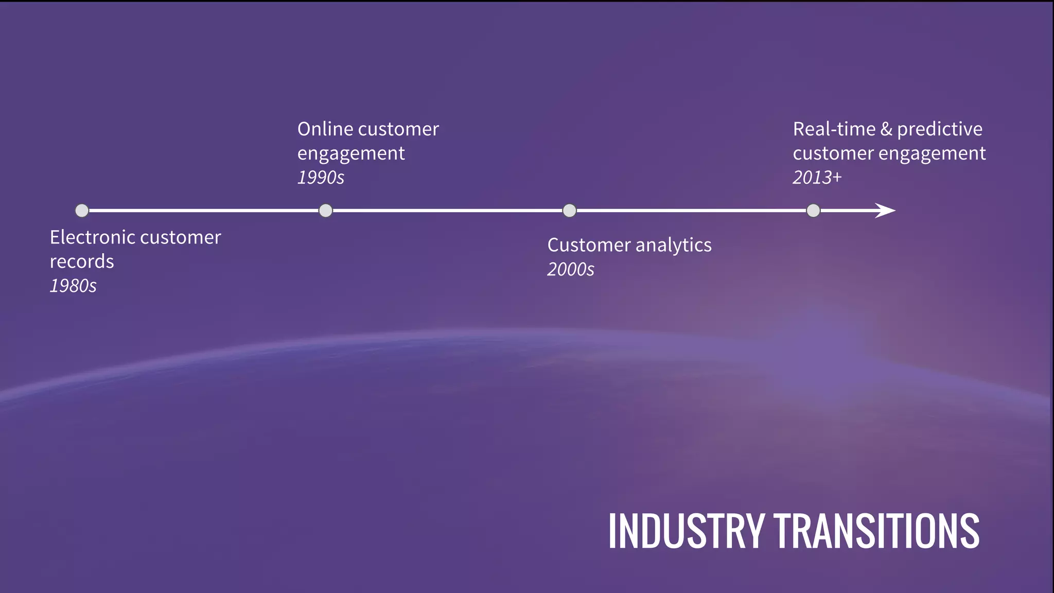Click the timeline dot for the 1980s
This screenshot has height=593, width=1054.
(82, 211)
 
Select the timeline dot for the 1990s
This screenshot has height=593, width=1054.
(326, 211)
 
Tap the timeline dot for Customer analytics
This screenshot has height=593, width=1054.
(569, 211)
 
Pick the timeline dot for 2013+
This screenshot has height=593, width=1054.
(813, 211)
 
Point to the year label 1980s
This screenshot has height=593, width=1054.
(73, 286)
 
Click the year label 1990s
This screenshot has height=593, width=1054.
(321, 178)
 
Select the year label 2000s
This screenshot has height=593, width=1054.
(571, 269)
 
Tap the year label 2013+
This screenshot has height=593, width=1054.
(817, 178)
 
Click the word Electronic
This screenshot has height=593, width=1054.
(92, 237)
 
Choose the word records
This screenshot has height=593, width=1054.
(82, 261)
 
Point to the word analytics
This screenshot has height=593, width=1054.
(674, 246)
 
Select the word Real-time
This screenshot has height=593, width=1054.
(834, 129)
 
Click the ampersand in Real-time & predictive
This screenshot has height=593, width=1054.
(886, 129)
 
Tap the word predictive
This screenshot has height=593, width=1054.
(940, 130)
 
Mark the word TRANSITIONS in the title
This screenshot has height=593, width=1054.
(877, 531)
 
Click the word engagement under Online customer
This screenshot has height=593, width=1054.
(351, 154)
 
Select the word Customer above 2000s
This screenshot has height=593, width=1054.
(589, 245)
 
